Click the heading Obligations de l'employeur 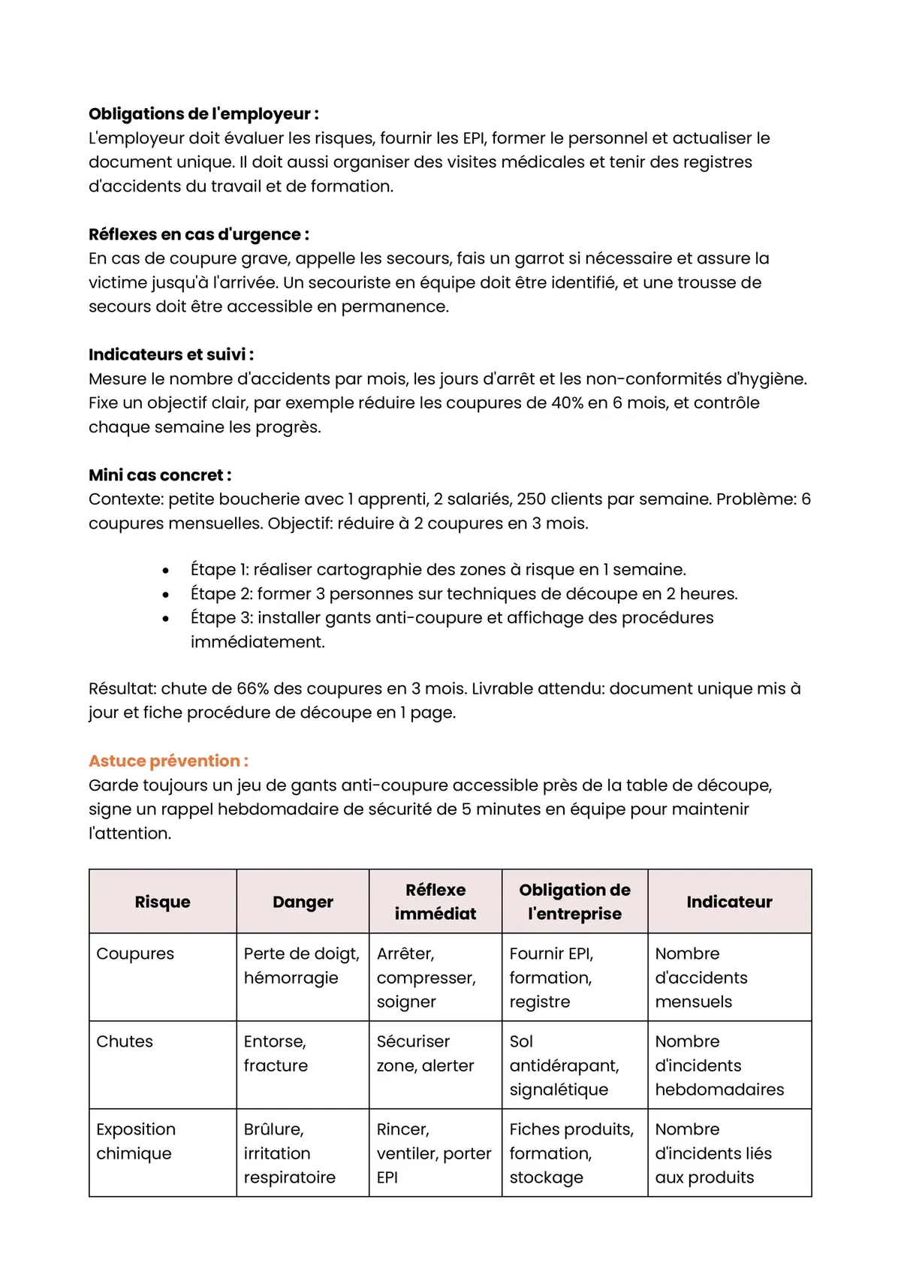[203, 114]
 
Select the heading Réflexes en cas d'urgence [199, 234]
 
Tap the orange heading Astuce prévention [168, 761]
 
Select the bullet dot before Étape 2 [166, 595]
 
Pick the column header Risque [162, 902]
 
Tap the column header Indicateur [729, 902]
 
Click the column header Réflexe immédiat [435, 902]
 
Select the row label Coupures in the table [135, 954]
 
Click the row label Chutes [125, 1041]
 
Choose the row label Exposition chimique [136, 1141]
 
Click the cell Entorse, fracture [276, 1053]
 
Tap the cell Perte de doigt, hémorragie [301, 966]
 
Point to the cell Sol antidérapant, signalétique [564, 1066]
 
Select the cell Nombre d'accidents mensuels [701, 978]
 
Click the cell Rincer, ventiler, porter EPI [433, 1153]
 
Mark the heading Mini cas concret [160, 475]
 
